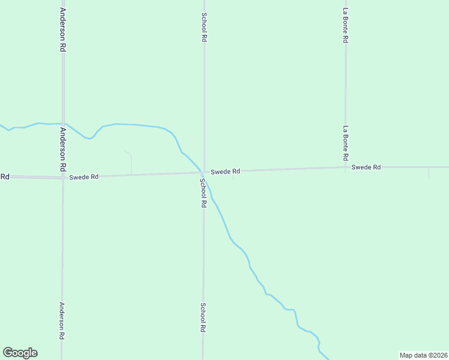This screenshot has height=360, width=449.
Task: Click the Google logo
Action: tap(20, 353)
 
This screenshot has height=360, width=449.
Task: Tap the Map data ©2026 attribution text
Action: tap(423, 355)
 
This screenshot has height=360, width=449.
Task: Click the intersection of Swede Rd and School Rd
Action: tap(203, 173)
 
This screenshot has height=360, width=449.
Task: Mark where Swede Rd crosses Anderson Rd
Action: tap(63, 177)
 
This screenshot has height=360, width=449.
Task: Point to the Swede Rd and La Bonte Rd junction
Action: tap(345, 168)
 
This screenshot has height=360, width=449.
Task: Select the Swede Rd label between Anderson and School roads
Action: tap(83, 177)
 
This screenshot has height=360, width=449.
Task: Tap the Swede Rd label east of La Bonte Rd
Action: tap(366, 167)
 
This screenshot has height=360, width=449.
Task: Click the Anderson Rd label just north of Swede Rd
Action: tap(62, 148)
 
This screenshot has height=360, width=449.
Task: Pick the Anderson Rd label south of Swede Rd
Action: tap(62, 321)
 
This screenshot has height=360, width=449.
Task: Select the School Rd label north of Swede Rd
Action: tap(204, 27)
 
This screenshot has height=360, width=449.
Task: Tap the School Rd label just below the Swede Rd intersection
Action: tap(203, 193)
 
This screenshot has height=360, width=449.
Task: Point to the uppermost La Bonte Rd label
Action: tap(345, 25)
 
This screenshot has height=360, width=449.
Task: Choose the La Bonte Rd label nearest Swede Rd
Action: tap(345, 143)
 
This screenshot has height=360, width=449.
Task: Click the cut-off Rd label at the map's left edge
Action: tap(4, 176)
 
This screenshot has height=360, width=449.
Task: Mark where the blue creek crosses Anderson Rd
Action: tap(63, 124)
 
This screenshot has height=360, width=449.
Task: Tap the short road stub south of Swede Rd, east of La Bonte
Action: tap(429, 173)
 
